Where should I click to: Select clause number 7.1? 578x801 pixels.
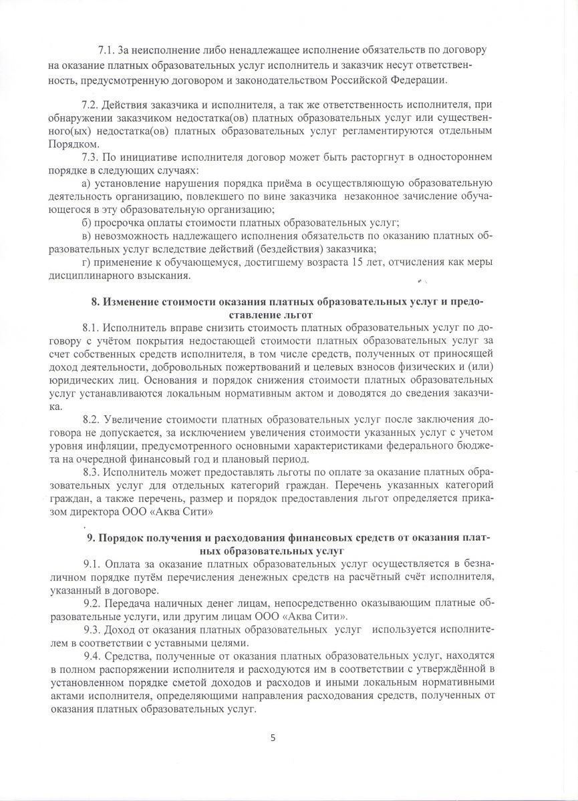pos(107,51)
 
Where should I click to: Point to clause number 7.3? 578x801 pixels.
pos(90,158)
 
